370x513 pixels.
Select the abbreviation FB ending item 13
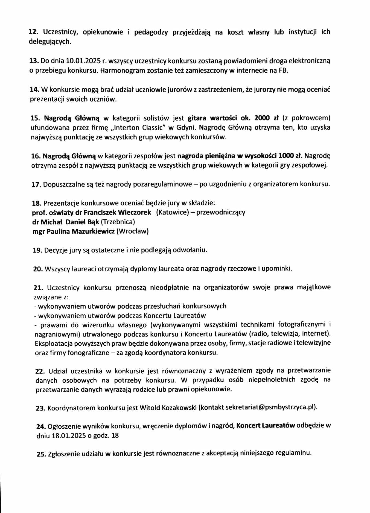click(283, 71)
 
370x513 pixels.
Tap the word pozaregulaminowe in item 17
click(162, 184)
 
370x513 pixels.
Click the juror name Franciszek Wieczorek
click(117, 213)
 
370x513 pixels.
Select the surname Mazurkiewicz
click(93, 231)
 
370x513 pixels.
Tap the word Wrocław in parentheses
click(133, 231)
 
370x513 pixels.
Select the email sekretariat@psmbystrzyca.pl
click(270, 407)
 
